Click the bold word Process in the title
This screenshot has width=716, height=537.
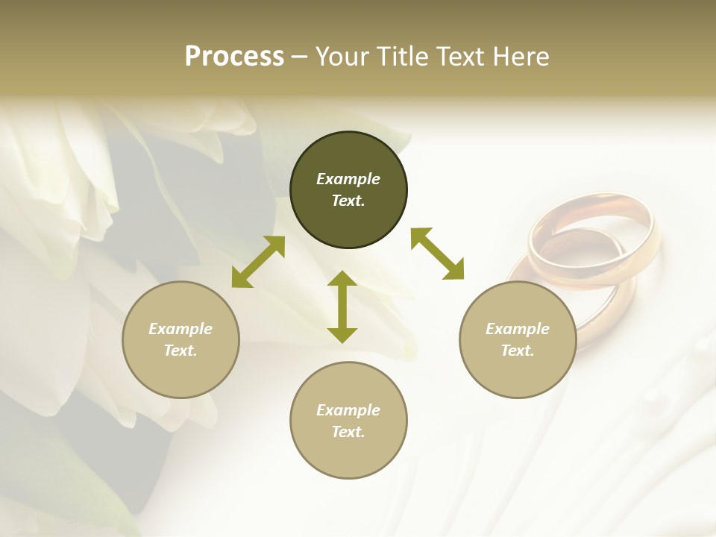coord(234,57)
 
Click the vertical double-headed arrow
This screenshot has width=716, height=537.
coord(342,307)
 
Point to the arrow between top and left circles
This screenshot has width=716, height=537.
coord(258,262)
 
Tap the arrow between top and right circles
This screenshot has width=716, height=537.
coord(437,254)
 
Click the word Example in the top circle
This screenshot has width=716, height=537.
coord(348,179)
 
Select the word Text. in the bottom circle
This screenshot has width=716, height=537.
coord(348,432)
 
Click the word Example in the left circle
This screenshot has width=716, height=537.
coord(180,329)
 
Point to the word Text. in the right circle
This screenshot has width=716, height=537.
coord(518,351)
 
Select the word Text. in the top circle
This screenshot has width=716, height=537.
coord(348,201)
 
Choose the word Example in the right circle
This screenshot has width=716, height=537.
coord(518,329)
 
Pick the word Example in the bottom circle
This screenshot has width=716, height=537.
coord(348,410)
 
